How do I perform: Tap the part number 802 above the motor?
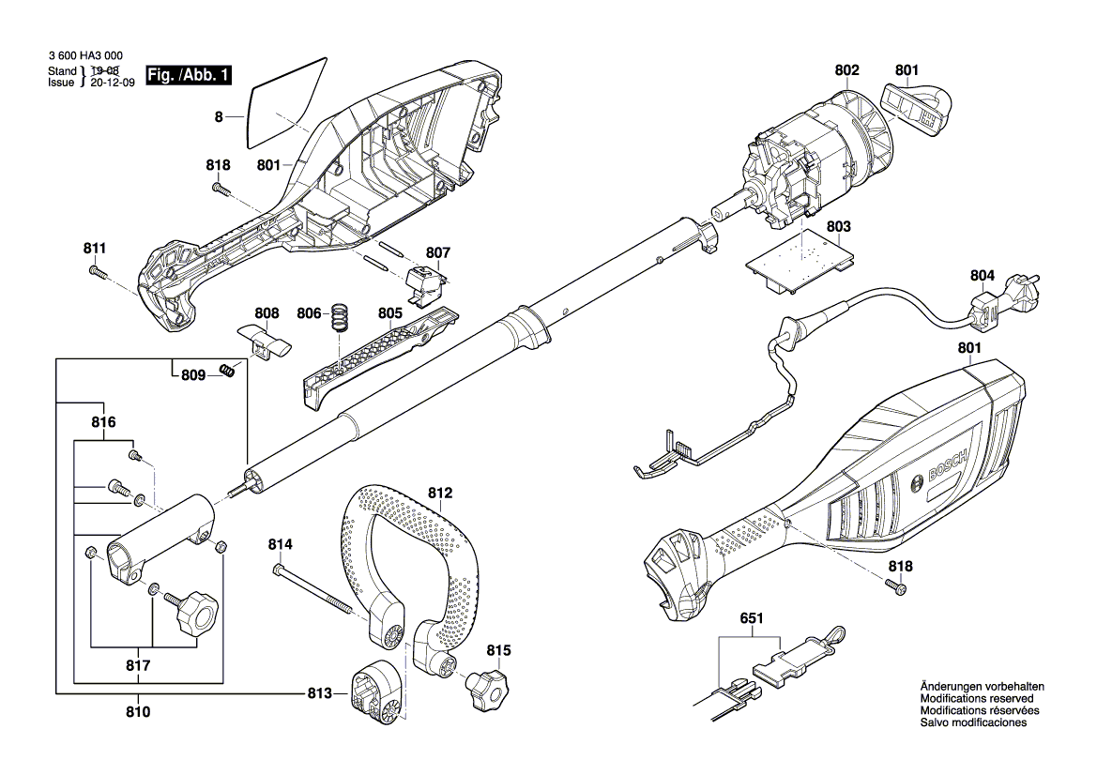(846, 69)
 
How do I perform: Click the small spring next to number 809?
(226, 371)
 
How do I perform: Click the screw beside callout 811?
(97, 272)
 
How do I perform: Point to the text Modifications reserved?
(977, 699)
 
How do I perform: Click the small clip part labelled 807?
(427, 280)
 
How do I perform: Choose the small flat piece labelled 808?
(264, 340)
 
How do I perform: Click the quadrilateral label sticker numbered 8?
(284, 101)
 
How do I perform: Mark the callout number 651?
(752, 620)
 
